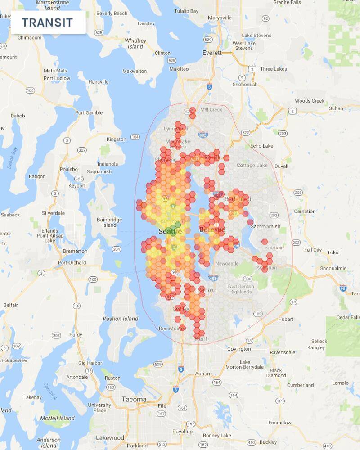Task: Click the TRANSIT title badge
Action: [48, 22]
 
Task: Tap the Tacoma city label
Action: [134, 399]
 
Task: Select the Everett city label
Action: [212, 53]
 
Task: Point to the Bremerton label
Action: [75, 251]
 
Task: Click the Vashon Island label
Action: [121, 319]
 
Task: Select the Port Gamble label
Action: [89, 112]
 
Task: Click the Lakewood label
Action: [110, 437]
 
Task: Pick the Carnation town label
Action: [305, 211]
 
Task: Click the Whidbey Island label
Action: [135, 43]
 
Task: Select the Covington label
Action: [239, 349]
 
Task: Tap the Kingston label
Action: [116, 139]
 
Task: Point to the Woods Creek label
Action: [310, 101]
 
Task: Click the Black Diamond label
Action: [276, 373]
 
